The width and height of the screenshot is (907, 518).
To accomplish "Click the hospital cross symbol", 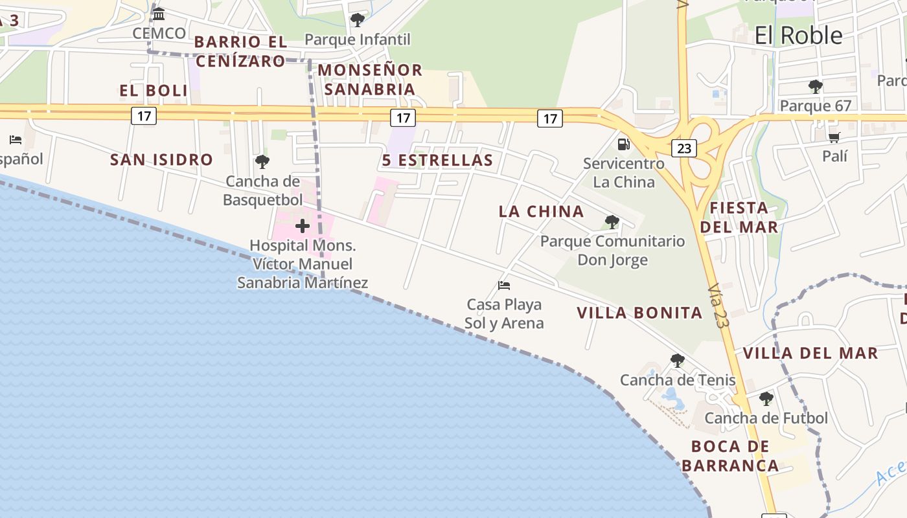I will tap(303, 226).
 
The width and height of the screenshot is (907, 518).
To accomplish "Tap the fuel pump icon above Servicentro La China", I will tap(623, 144).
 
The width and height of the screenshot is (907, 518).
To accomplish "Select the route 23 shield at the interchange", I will tap(683, 148).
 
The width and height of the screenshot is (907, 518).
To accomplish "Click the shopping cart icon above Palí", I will tap(834, 137).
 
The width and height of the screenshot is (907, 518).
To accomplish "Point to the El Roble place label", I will tap(798, 35).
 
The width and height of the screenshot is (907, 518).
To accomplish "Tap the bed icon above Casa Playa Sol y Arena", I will tap(504, 285).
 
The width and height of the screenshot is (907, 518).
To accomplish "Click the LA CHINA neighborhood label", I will tap(541, 212).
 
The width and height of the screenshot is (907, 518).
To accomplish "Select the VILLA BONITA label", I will tap(639, 313).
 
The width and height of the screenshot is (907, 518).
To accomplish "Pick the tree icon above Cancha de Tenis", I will tap(678, 360).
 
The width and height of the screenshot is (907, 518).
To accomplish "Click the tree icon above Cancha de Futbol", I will tap(766, 398).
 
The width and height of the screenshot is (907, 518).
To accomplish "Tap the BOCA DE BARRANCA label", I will tap(730, 456).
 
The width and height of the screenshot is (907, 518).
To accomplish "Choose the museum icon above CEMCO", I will tap(159, 14).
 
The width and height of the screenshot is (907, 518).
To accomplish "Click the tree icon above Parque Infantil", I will tap(357, 20).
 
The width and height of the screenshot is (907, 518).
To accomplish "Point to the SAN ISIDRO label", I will tap(161, 159).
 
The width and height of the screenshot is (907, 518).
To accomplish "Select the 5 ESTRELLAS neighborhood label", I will tap(437, 160).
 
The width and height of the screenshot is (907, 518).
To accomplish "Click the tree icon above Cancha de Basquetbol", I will tap(262, 161).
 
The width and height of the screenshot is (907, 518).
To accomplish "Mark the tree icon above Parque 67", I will tap(815, 86).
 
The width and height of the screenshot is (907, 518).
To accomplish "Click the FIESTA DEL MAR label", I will tap(739, 217).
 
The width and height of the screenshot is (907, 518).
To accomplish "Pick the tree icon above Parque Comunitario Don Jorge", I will tap(612, 222).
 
